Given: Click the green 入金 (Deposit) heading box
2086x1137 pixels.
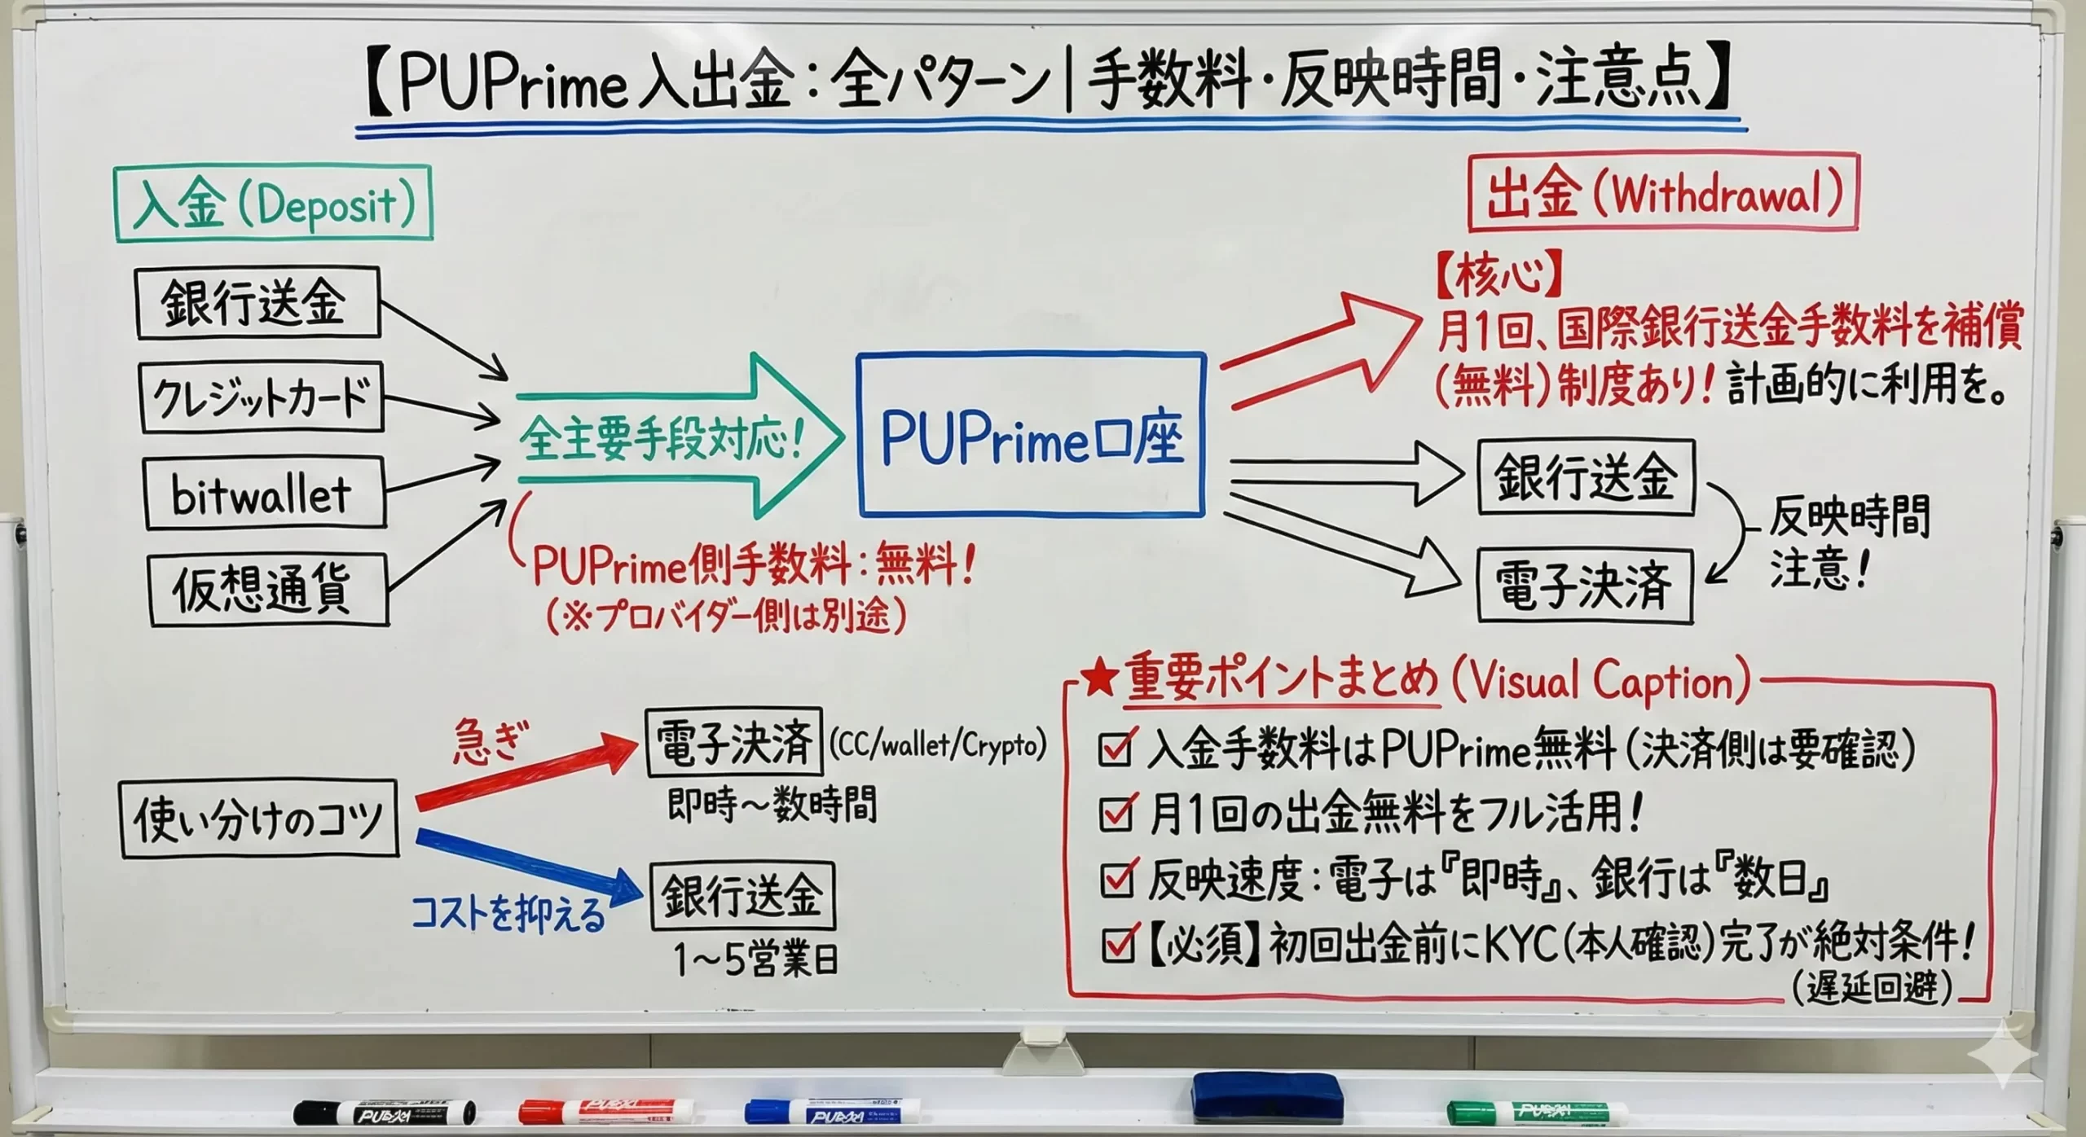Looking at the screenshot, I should point(274,204).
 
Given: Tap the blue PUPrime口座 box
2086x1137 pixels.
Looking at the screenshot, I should point(1031,434).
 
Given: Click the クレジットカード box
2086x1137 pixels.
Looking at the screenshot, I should point(261,397).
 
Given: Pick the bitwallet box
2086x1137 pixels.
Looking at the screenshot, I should point(263,494).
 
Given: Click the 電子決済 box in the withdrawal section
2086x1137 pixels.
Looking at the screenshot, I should point(1585,586).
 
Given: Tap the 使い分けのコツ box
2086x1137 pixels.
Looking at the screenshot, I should point(259,819).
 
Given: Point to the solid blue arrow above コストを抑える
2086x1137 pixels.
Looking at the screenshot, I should point(530,865).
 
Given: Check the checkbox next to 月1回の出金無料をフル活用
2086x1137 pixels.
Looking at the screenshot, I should point(1116,814).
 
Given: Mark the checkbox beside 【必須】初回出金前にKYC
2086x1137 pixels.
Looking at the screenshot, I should point(1116,945).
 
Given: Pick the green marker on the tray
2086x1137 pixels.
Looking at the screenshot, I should point(1537,1113).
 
